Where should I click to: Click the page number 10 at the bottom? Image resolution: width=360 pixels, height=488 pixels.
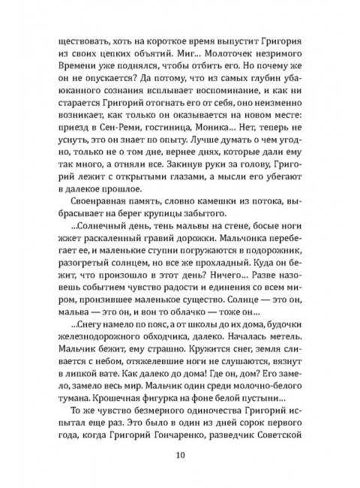(181, 454)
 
